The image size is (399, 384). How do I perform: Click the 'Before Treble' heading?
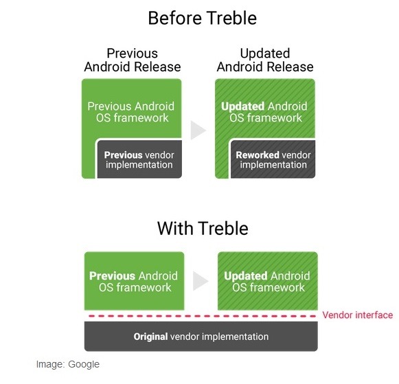click(203, 19)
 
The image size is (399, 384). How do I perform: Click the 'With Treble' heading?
click(203, 228)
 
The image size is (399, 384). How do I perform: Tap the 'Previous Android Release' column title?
click(133, 60)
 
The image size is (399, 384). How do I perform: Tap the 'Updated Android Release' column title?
click(265, 60)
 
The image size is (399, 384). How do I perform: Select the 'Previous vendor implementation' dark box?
click(139, 159)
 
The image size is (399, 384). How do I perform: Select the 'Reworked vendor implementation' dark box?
click(273, 159)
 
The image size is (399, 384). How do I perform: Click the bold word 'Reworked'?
click(258, 155)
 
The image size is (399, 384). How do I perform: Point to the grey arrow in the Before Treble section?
click(198, 131)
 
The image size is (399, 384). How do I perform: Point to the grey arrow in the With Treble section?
click(201, 281)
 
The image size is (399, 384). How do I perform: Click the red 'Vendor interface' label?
click(358, 315)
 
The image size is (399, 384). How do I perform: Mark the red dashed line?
click(203, 316)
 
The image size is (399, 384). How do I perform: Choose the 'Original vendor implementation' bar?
click(201, 337)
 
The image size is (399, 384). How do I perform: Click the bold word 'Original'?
click(150, 337)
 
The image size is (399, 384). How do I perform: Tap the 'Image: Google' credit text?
click(68, 364)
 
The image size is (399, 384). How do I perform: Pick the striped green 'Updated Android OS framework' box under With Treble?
click(268, 281)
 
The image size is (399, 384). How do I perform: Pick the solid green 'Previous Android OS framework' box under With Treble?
click(135, 281)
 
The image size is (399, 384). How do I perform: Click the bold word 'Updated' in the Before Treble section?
click(242, 106)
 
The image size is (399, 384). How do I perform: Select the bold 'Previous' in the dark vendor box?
click(123, 155)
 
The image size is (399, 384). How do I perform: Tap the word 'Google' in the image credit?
click(84, 364)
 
